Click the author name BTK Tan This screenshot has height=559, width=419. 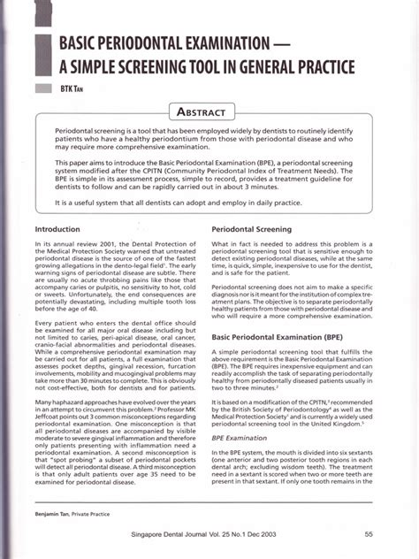70,89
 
